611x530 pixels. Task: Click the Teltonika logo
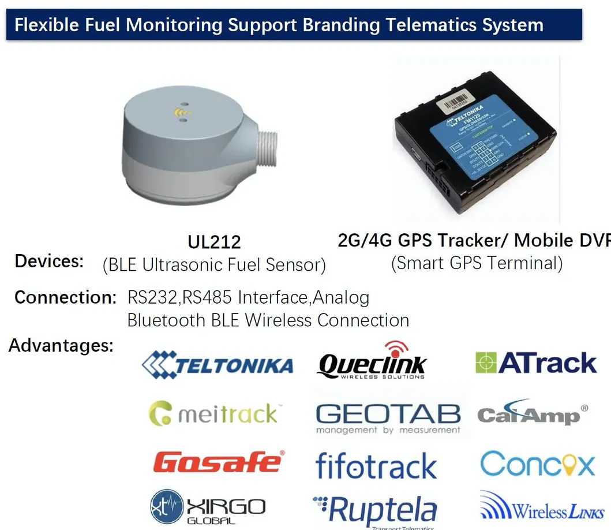218,365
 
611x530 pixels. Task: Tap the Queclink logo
372,363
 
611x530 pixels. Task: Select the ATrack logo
536,363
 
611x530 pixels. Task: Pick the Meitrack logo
213,414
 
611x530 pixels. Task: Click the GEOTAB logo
388,417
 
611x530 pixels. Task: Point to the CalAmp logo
532,415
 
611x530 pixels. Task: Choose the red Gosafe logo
219,462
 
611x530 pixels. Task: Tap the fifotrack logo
376,465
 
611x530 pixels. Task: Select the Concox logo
537,464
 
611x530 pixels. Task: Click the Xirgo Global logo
207,508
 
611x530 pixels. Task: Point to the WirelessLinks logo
542,510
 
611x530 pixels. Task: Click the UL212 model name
214,242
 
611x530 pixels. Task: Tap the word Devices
49,261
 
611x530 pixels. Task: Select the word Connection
66,297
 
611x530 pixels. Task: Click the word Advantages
61,345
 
